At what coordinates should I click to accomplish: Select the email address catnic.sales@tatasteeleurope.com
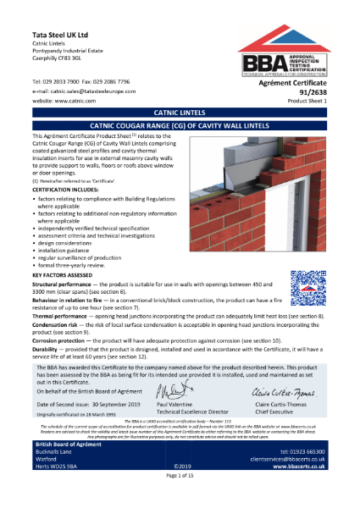coord(85,89)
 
